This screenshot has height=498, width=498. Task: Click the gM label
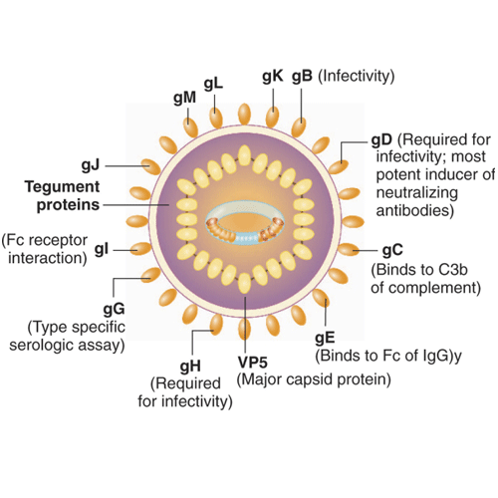click(185, 99)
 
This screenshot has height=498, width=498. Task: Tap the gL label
click(213, 84)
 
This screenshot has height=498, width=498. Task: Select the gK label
click(273, 77)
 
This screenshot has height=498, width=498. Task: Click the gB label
click(302, 77)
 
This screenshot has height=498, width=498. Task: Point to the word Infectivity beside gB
click(357, 76)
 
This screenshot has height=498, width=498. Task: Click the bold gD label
click(381, 140)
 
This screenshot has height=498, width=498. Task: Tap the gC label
click(392, 250)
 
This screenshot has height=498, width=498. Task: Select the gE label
click(325, 338)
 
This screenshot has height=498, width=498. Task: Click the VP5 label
click(253, 363)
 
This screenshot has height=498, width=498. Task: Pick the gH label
click(190, 366)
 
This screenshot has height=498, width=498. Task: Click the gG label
click(114, 310)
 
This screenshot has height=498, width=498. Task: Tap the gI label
click(102, 250)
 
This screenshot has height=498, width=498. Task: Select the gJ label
click(91, 165)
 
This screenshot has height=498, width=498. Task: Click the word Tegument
click(62, 187)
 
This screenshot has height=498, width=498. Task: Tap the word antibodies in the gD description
click(415, 210)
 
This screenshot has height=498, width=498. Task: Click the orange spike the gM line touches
click(191, 127)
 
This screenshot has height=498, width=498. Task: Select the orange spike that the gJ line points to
click(151, 166)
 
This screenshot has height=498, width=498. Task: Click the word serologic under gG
click(36, 346)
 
